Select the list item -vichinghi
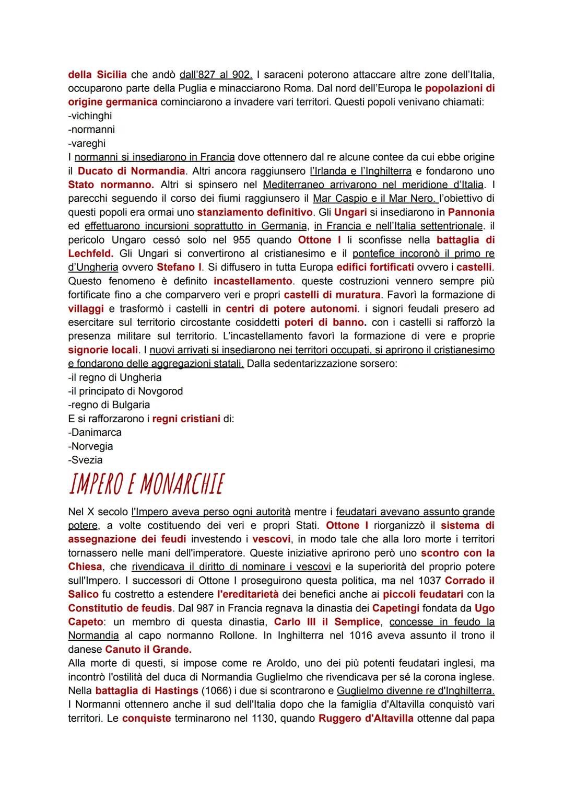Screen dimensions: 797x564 point(90,115)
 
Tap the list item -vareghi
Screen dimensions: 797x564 point(87,143)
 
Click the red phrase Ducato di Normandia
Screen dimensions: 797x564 point(131,171)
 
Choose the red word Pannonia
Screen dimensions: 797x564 point(471,212)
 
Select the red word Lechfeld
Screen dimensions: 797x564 point(90,253)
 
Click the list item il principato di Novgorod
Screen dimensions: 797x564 point(125,391)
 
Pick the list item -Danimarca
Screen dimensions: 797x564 point(95,432)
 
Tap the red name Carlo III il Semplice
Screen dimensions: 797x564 point(327,622)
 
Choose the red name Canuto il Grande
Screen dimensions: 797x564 point(148,650)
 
